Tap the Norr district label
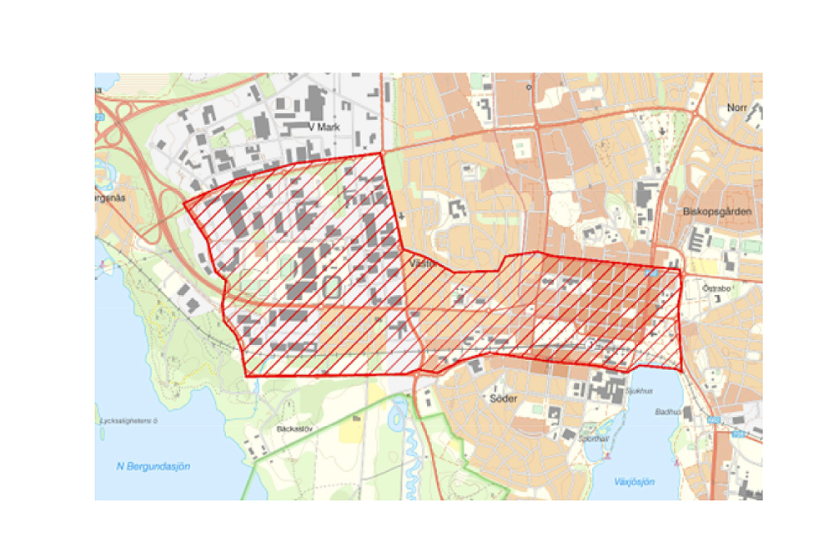click(x=736, y=108)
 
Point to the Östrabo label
click(x=716, y=288)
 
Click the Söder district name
click(x=504, y=398)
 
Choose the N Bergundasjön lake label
click(x=153, y=467)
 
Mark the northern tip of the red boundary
click(x=380, y=153)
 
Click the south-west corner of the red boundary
click(x=247, y=376)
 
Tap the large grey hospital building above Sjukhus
click(x=607, y=385)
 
